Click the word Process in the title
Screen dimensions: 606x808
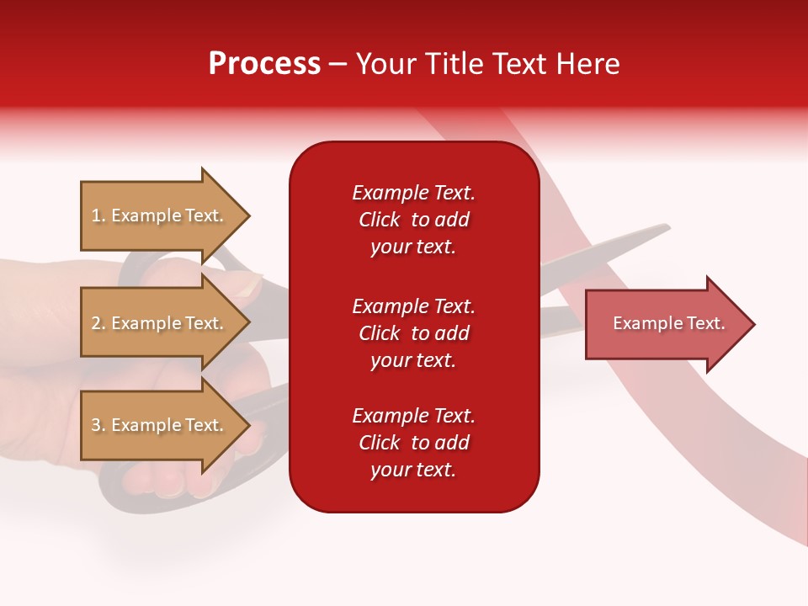click(x=264, y=63)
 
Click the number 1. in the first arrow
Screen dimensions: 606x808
click(x=98, y=215)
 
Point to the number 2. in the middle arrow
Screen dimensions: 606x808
click(x=98, y=323)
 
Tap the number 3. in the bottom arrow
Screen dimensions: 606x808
click(x=98, y=425)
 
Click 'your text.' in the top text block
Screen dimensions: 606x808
click(x=413, y=247)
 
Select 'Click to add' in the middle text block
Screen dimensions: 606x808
click(x=413, y=333)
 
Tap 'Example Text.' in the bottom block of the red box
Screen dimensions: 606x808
click(x=413, y=416)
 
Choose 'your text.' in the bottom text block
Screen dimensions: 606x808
click(x=413, y=470)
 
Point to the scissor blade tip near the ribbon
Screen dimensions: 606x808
click(x=665, y=226)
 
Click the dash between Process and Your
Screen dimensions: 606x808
click(x=338, y=64)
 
